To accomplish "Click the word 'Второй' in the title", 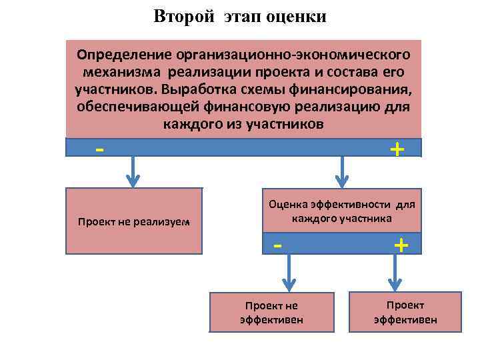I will (x=182, y=16).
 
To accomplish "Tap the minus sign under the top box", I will (x=99, y=149).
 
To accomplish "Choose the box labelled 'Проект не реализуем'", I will (x=133, y=221).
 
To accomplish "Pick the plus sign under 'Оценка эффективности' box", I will (x=401, y=245).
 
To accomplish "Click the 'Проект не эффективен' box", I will (x=271, y=312).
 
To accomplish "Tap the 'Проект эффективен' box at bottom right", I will (x=405, y=311).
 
